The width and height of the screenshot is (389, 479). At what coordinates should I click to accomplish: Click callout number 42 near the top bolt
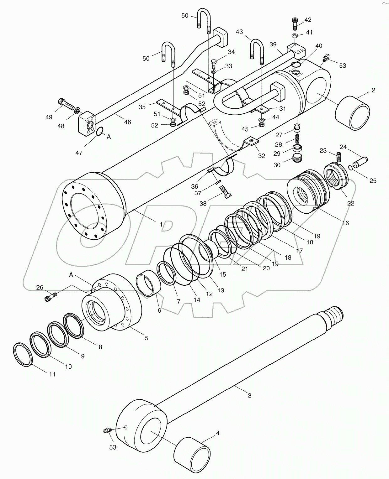[308, 20]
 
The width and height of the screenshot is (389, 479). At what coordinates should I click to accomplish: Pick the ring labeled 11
[23, 354]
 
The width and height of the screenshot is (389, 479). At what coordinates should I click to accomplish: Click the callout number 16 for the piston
[345, 223]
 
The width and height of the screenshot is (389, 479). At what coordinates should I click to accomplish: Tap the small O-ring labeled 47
[100, 131]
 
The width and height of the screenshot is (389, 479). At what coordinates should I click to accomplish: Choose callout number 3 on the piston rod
[249, 395]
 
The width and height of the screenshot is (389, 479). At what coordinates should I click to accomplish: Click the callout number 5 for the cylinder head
[146, 338]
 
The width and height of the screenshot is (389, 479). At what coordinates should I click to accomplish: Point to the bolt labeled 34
[214, 64]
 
